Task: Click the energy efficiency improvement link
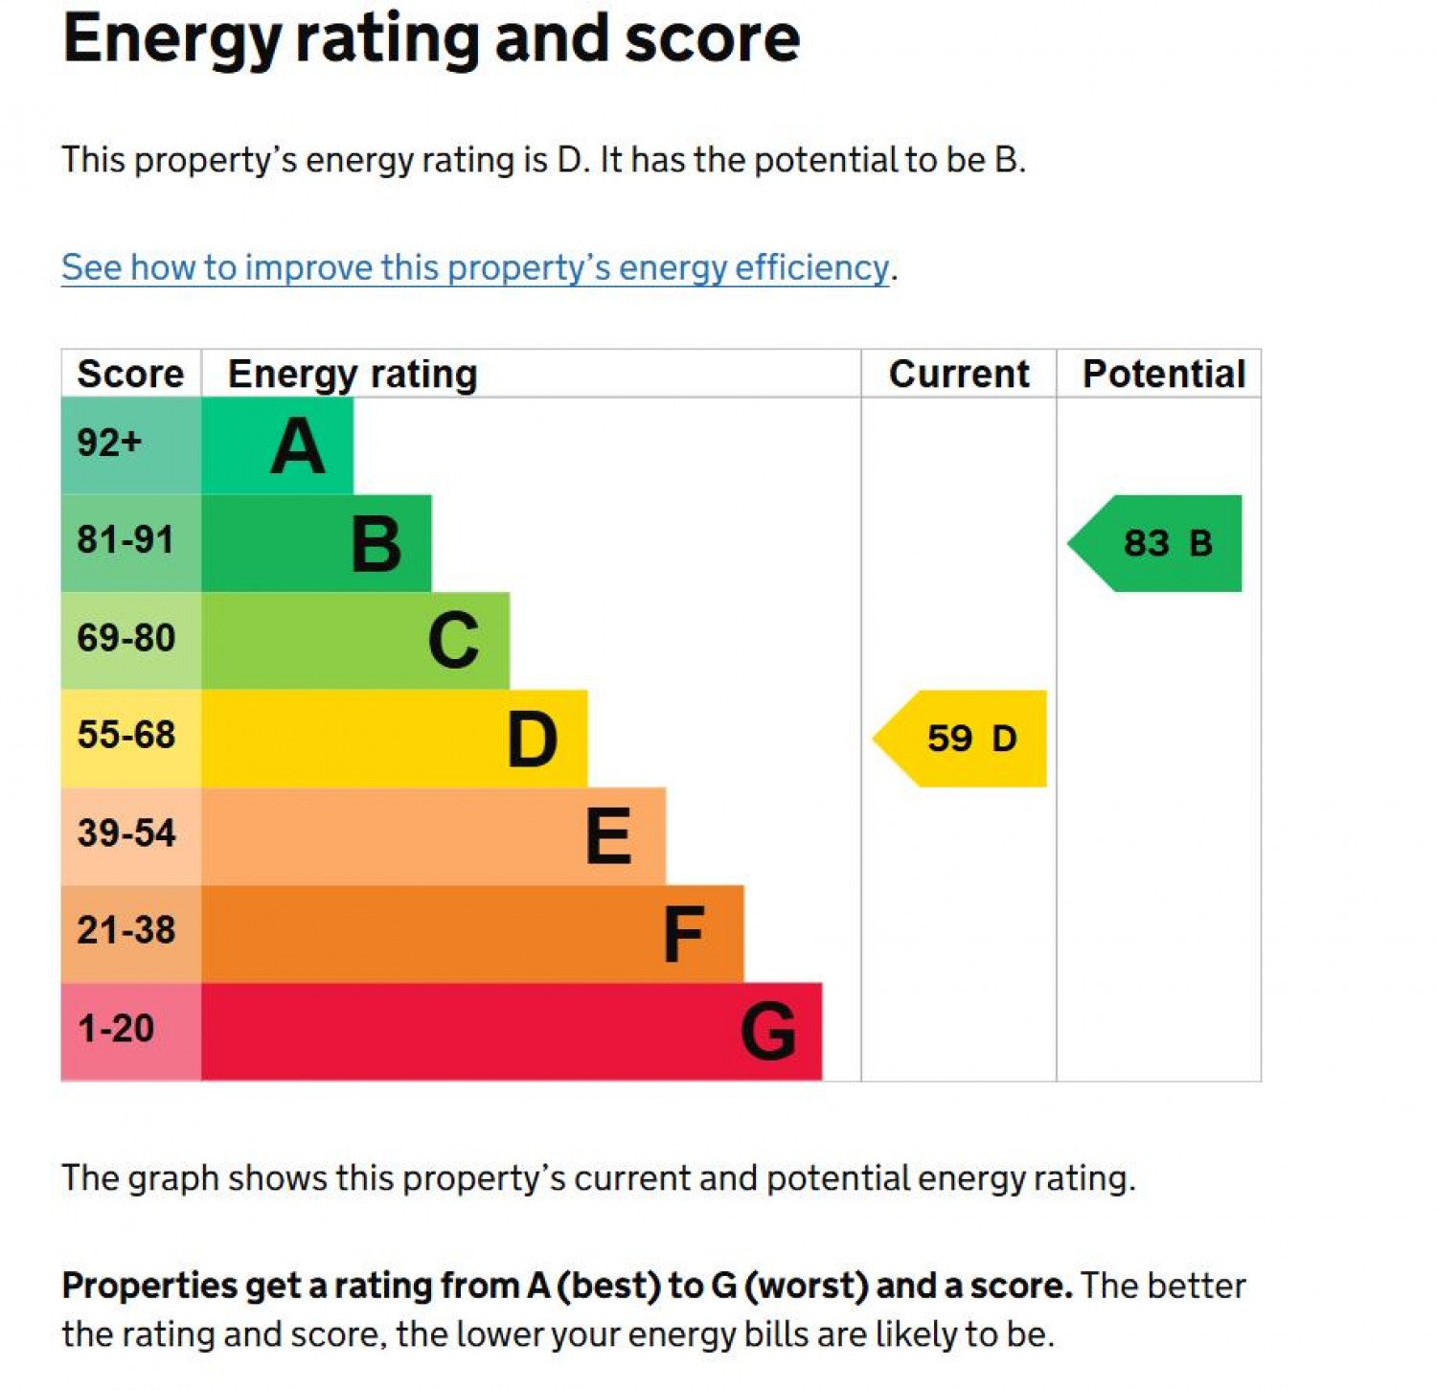(x=475, y=267)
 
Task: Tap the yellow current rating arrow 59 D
(x=961, y=739)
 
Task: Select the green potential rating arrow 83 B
(x=1156, y=543)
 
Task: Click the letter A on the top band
(x=298, y=446)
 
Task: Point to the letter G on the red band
(x=767, y=1032)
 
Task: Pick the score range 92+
(x=109, y=443)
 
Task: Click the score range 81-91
(x=125, y=540)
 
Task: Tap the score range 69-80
(x=125, y=638)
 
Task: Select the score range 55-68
(x=125, y=736)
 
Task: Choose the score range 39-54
(x=125, y=833)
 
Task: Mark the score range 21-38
(x=125, y=931)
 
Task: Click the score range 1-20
(x=116, y=1029)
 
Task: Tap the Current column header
(x=959, y=374)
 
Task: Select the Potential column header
(x=1163, y=374)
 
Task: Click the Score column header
(x=130, y=374)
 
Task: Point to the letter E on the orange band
(x=608, y=836)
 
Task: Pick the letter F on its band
(x=684, y=935)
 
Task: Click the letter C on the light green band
(x=453, y=641)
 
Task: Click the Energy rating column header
(x=353, y=375)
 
